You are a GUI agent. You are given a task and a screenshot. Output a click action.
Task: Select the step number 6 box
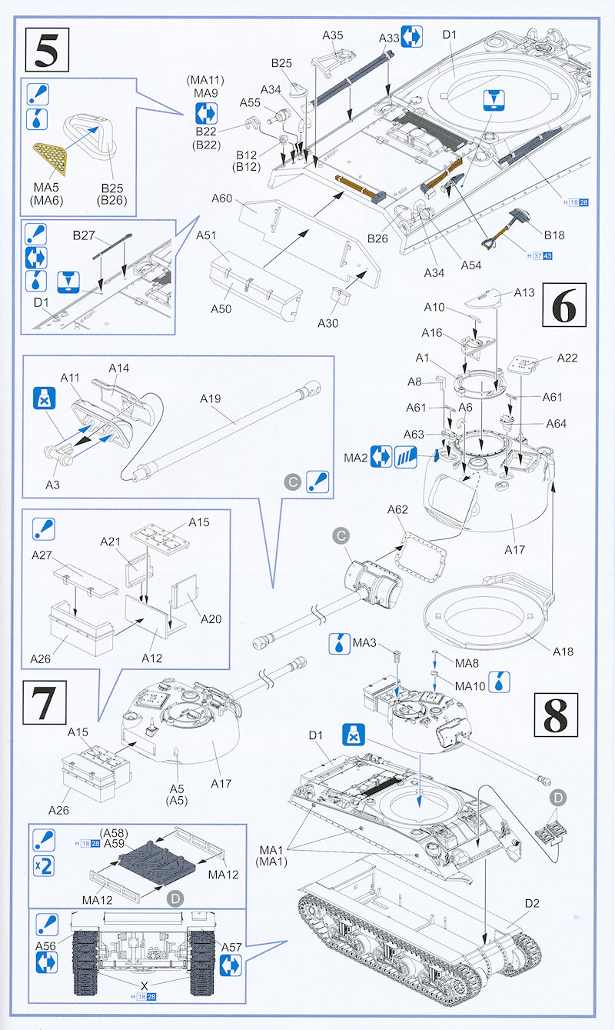coord(564,306)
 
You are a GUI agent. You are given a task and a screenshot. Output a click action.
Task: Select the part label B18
coord(554,235)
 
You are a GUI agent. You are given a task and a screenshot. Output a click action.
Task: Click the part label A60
coord(221,198)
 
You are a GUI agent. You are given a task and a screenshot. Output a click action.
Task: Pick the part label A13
coord(524,292)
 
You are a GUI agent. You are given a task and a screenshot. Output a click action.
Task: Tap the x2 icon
coord(45,867)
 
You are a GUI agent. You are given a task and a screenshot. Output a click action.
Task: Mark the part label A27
coord(42,555)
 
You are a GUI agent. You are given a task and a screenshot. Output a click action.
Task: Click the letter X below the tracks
coord(143,985)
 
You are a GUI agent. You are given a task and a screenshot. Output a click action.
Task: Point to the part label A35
coord(333,35)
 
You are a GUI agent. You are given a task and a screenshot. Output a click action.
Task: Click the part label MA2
coord(355,458)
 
